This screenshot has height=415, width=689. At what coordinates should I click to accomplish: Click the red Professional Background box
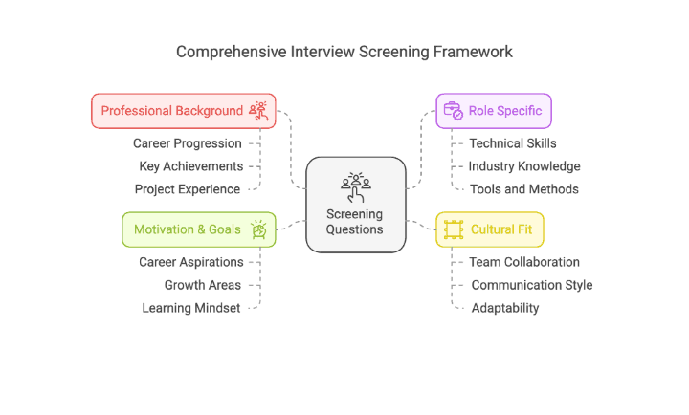tap(183, 111)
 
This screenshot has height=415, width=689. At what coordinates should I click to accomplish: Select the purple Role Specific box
tap(494, 111)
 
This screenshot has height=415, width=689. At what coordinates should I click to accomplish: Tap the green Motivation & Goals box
tap(198, 229)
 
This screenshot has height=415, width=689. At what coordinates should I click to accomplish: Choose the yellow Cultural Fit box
tap(491, 229)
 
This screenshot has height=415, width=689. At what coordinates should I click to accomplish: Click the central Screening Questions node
tap(355, 205)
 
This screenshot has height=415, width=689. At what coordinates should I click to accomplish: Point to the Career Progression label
tap(188, 143)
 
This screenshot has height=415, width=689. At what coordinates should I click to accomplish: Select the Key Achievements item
tap(190, 166)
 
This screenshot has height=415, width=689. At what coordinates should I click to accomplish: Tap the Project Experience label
tap(188, 189)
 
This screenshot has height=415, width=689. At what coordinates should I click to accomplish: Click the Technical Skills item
tap(513, 143)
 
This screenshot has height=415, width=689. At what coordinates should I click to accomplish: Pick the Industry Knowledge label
tap(524, 166)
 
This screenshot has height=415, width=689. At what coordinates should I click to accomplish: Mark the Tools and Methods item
tap(523, 189)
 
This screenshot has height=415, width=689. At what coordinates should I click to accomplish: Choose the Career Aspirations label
tap(190, 262)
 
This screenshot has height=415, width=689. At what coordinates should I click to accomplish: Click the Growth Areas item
tap(203, 285)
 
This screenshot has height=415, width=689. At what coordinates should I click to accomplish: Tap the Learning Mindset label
tap(191, 308)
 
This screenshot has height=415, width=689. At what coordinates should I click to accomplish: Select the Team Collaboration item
tap(524, 262)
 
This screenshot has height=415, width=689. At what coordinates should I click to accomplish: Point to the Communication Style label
tap(531, 285)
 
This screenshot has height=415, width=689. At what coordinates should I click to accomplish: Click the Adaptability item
tap(504, 308)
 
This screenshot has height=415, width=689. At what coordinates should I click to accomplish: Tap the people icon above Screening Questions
tap(355, 186)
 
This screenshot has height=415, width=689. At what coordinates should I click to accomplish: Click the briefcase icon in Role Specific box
tap(453, 111)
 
